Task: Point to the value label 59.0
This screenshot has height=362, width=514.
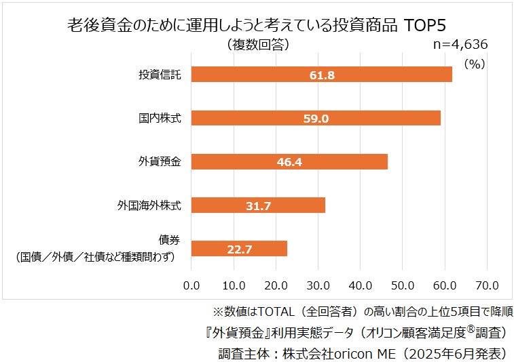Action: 316,119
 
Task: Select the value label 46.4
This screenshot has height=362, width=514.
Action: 289,162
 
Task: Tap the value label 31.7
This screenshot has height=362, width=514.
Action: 258,205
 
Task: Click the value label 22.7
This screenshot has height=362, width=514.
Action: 239,249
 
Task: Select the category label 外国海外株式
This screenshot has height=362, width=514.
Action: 149,205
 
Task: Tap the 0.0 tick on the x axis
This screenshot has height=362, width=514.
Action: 192,283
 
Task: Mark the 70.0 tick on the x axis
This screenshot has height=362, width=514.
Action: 487,283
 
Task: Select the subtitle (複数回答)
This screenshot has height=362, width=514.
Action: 256,45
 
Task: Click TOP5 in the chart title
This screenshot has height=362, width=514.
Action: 424,26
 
